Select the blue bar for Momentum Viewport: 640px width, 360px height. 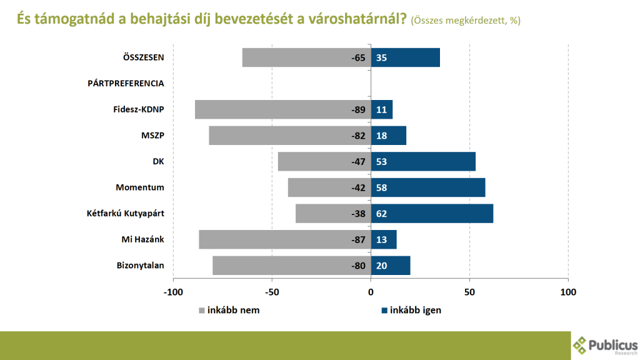tap(428, 187)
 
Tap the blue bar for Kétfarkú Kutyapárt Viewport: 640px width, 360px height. tap(432, 214)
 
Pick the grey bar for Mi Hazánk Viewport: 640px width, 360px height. tap(284, 239)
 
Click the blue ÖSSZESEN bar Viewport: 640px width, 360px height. tap(405, 57)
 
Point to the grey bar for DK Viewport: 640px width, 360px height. tap(324, 161)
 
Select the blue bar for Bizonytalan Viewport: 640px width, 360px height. tap(391, 265)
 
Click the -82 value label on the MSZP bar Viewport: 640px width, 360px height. tap(358, 136)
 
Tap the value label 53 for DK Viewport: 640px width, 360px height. tap(382, 161)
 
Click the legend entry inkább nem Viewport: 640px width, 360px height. tap(229, 310)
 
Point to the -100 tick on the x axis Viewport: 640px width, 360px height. tap(173, 292)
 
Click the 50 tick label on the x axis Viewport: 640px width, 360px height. tap(469, 292)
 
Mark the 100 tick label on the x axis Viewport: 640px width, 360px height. tap(567, 292)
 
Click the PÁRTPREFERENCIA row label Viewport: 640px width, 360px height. tap(126, 83)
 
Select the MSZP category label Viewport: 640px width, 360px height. tap(153, 136)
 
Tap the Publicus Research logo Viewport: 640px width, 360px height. tap(605, 345)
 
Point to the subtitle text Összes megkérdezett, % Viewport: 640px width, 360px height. tap(466, 21)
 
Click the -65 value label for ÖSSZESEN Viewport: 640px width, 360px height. tap(358, 57)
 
